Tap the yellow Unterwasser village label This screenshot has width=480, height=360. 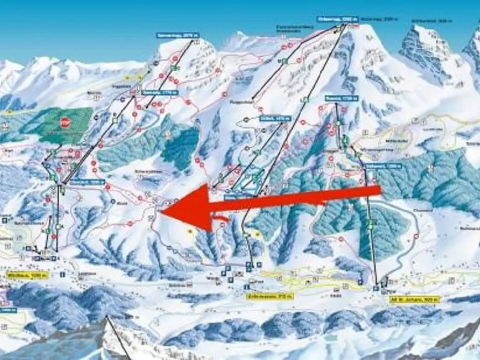tap(270, 296)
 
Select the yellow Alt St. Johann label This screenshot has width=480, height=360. tap(415, 299)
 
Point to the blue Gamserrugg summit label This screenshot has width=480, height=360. tap(178, 35)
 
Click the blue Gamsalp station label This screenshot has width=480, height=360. tap(159, 92)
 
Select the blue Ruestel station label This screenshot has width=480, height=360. tap(341, 98)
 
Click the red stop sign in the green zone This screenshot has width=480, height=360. tap(64, 122)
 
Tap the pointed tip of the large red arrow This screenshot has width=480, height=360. tap(162, 212)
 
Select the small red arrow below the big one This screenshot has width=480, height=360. tap(221, 218)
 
